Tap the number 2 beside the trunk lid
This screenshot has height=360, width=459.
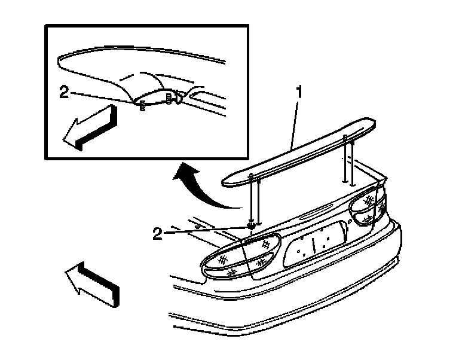157,233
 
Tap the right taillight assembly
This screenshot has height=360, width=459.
368,207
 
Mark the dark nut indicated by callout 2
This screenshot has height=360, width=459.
252,225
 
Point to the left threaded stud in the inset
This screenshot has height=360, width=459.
142,106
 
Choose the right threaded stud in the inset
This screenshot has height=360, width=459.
169,97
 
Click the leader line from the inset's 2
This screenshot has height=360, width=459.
102,97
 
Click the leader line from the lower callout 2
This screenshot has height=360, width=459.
203,229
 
